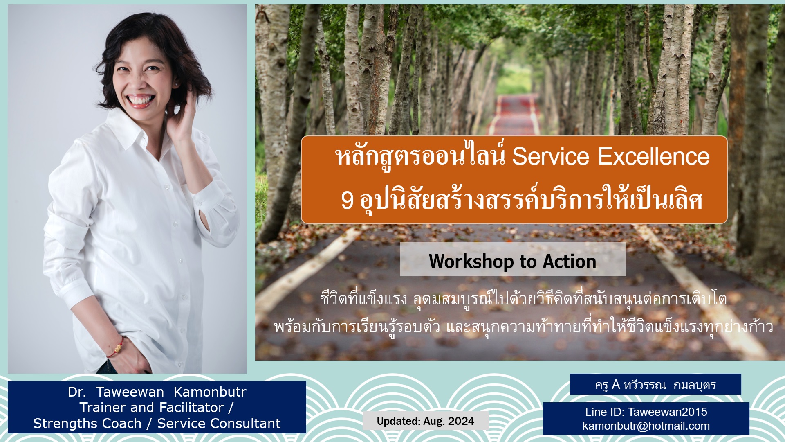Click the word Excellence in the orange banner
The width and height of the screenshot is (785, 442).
(654, 156)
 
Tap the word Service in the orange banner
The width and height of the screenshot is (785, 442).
(551, 156)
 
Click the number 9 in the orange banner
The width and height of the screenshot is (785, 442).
(347, 201)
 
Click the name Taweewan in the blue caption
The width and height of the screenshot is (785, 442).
(130, 392)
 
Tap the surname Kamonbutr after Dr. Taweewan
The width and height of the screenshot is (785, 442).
(210, 392)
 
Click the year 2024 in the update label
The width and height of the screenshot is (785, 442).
(461, 421)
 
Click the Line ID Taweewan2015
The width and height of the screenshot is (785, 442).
(667, 412)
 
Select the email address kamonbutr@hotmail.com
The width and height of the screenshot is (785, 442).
(646, 426)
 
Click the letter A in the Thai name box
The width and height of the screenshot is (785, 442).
(616, 385)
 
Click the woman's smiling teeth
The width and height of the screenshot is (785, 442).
(139, 99)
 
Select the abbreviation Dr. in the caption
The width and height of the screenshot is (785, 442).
(77, 392)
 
